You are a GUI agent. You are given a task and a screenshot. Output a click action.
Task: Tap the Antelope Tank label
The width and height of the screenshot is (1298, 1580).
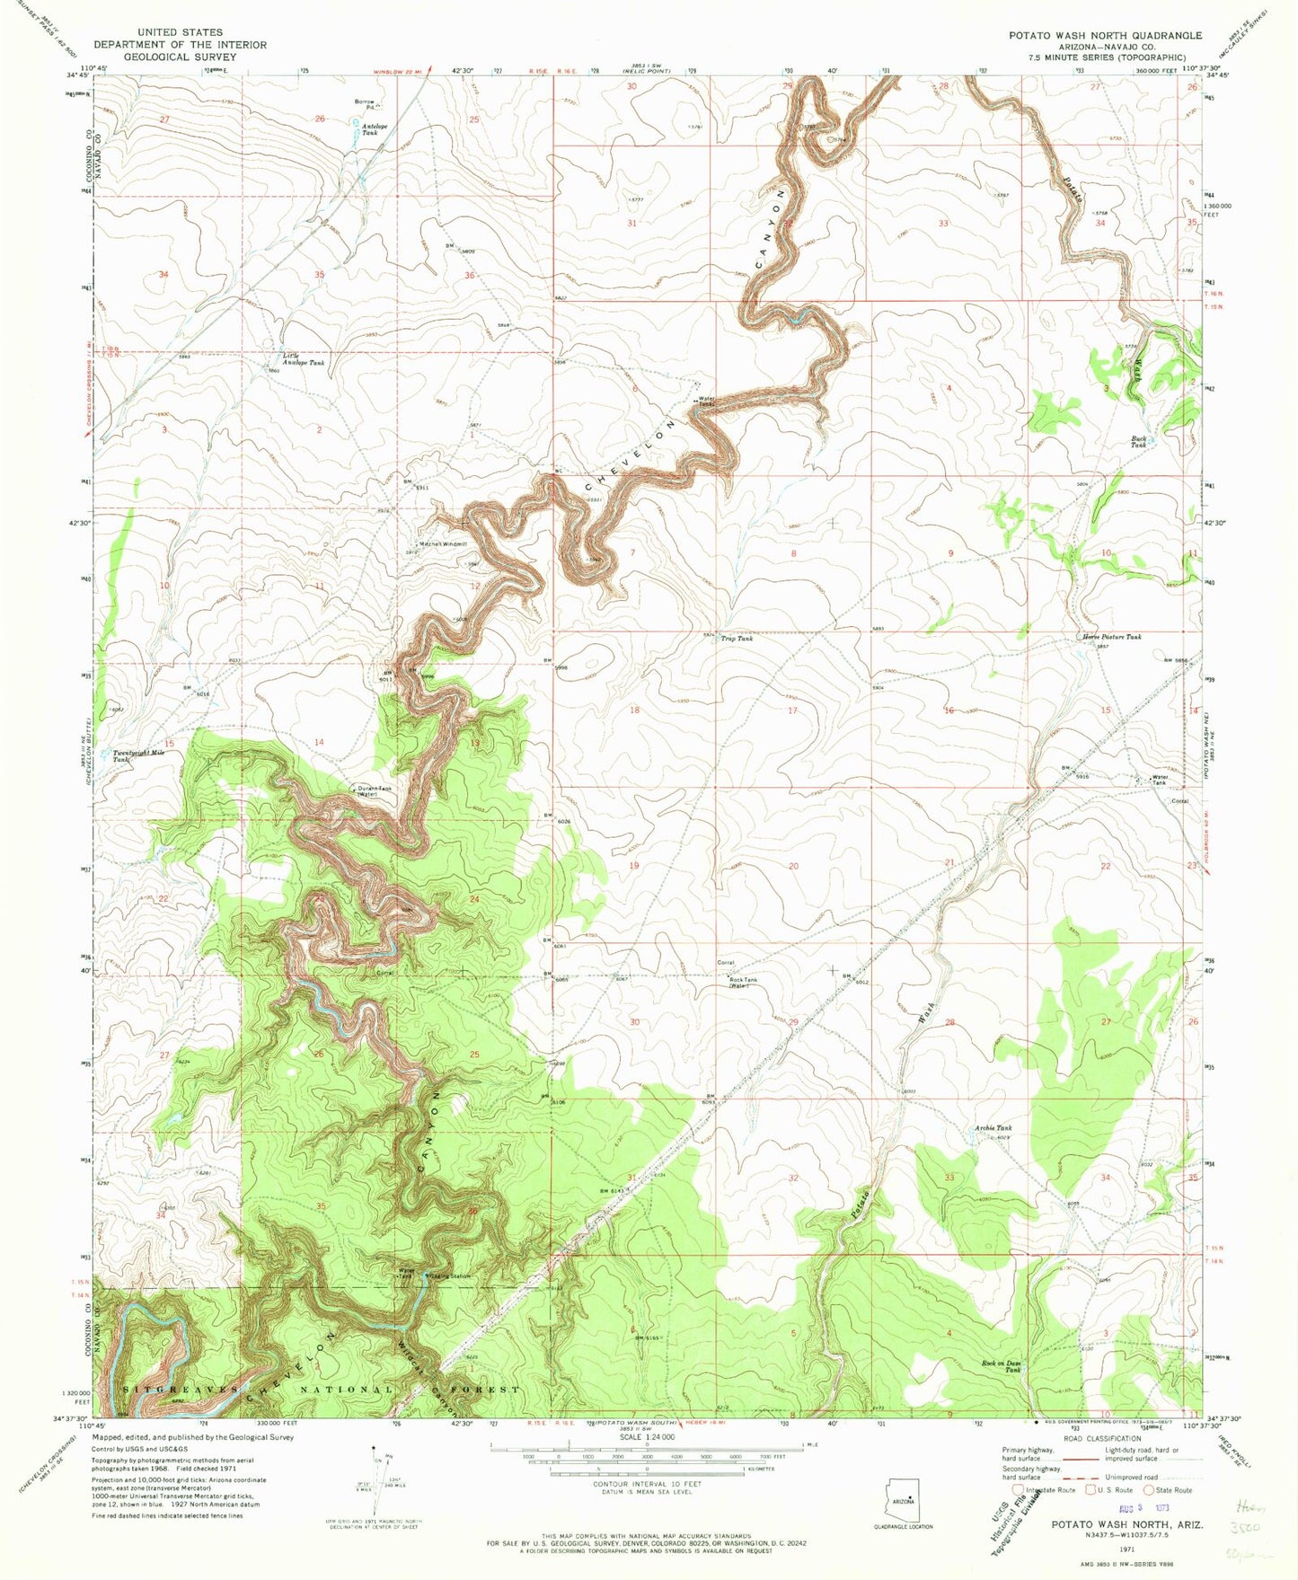375,129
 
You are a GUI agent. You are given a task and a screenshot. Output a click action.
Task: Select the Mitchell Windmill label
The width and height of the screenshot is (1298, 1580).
443,543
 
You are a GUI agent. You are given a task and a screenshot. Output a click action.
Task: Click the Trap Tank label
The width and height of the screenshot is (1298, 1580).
737,639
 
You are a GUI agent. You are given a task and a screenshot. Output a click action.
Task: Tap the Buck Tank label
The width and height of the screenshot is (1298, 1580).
1138,442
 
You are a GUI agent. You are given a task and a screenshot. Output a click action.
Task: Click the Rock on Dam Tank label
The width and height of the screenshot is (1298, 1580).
1001,1366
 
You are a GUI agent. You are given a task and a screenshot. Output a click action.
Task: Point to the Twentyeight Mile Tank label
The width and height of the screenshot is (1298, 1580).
135,756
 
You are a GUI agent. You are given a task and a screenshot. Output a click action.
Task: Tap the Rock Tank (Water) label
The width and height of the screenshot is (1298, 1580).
742,982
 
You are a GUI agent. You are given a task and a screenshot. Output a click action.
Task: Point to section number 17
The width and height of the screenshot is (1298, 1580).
792,710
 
